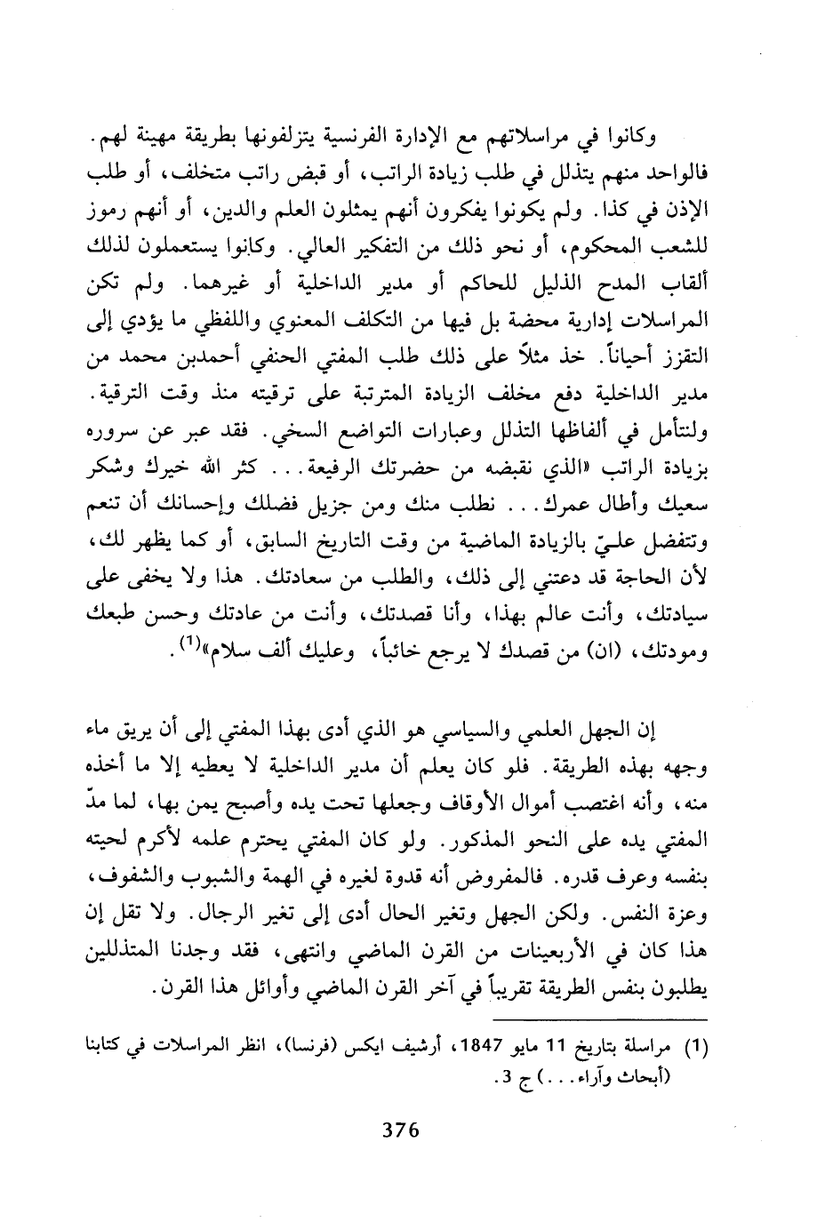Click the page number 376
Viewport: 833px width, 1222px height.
[399, 1130]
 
